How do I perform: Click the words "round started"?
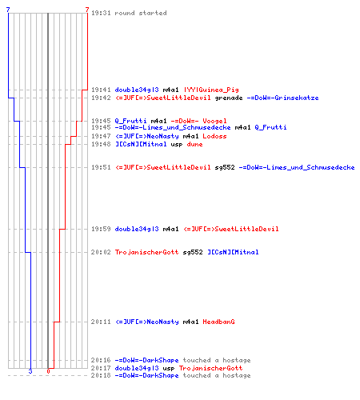(141, 13)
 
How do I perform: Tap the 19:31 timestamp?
(101, 13)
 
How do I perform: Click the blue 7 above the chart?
(8, 10)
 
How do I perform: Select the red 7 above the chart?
(87, 10)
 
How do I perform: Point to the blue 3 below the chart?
(30, 371)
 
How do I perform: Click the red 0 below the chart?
(48, 371)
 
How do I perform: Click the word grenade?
(229, 98)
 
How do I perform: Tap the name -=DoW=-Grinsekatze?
(282, 98)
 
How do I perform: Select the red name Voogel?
(214, 121)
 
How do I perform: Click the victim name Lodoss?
(214, 136)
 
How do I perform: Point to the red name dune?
(194, 144)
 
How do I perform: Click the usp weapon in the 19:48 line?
(177, 145)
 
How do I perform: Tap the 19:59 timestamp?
(101, 229)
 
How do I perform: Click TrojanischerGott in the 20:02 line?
(146, 252)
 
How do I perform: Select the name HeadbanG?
(218, 322)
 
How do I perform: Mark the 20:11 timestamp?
(101, 322)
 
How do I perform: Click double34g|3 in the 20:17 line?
(137, 368)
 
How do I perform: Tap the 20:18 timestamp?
(101, 375)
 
